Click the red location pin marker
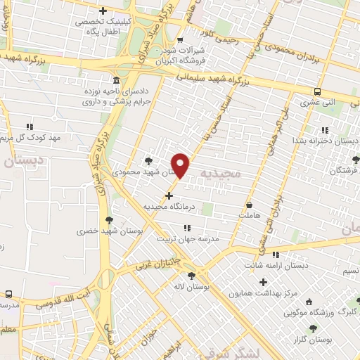(181, 165)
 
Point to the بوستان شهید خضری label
(98, 231)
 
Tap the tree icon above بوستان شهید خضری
(109, 220)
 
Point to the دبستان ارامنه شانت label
(278, 266)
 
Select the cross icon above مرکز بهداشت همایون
(264, 281)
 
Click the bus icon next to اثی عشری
(318, 92)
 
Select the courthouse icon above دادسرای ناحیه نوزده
(115, 79)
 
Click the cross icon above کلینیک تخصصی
(104, 11)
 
